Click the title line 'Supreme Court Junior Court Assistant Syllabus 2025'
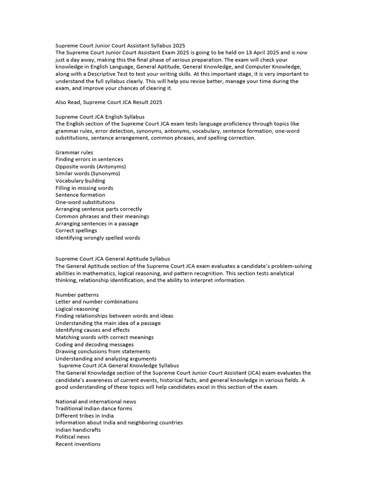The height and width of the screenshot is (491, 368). (x=120, y=46)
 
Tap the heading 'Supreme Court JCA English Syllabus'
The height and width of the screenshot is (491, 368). (x=100, y=117)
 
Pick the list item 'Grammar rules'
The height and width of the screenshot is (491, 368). (x=74, y=152)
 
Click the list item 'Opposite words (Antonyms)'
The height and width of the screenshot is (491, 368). (x=91, y=166)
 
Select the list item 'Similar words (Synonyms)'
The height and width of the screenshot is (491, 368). (x=88, y=174)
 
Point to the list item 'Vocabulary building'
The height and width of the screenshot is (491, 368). (x=80, y=181)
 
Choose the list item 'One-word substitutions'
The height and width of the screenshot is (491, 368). (x=85, y=202)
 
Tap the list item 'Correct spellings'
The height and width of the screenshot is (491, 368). (x=76, y=231)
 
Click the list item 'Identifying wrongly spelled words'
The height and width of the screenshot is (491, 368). (x=98, y=237)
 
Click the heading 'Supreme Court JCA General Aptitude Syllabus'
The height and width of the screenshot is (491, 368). (x=113, y=259)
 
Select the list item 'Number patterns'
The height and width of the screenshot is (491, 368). (x=77, y=294)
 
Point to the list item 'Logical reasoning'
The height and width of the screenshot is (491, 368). (x=77, y=309)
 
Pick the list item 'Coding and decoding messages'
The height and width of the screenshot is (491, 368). (x=94, y=344)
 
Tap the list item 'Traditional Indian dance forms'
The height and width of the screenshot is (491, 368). (x=94, y=409)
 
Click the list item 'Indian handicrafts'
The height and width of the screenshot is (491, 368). (x=78, y=430)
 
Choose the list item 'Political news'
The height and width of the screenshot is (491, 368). (x=73, y=437)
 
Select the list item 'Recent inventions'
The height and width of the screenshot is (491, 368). (x=78, y=444)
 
